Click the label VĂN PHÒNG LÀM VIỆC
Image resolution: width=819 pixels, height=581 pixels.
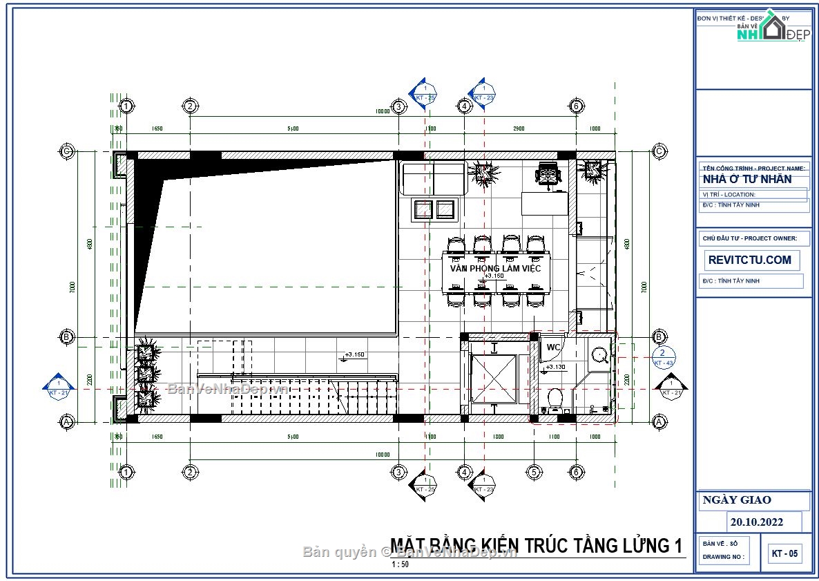pyautogui.click(x=495, y=268)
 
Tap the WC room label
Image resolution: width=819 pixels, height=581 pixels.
pyautogui.click(x=553, y=347)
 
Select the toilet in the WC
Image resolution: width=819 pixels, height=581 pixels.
pyautogui.click(x=555, y=399)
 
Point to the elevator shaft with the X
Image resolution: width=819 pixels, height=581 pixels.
pyautogui.click(x=493, y=378)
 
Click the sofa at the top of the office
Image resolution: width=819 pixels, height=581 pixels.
pyautogui.click(x=432, y=178)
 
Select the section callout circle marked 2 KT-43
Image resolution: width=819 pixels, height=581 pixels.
pyautogui.click(x=662, y=358)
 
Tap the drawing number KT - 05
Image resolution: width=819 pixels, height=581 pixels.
pyautogui.click(x=785, y=553)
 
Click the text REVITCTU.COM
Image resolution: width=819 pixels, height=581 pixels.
pyautogui.click(x=750, y=260)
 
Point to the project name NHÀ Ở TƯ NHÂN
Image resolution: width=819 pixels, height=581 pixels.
pyautogui.click(x=746, y=180)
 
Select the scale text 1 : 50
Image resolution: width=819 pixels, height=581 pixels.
pyautogui.click(x=400, y=564)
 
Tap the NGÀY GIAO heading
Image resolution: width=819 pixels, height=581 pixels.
pyautogui.click(x=737, y=500)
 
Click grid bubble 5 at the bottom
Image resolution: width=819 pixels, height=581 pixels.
pyautogui.click(x=533, y=473)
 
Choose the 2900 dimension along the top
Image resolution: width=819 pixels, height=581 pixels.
pyautogui.click(x=519, y=128)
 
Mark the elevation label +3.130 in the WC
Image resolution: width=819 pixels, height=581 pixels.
pyautogui.click(x=556, y=367)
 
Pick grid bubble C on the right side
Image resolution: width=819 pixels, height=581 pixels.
pyautogui.click(x=659, y=151)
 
